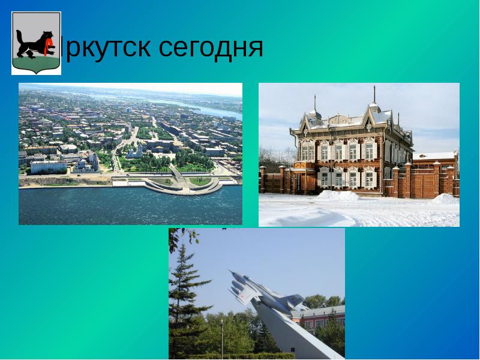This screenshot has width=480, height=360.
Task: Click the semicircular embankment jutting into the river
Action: [180, 187]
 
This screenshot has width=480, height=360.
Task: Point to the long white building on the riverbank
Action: [48, 166]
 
